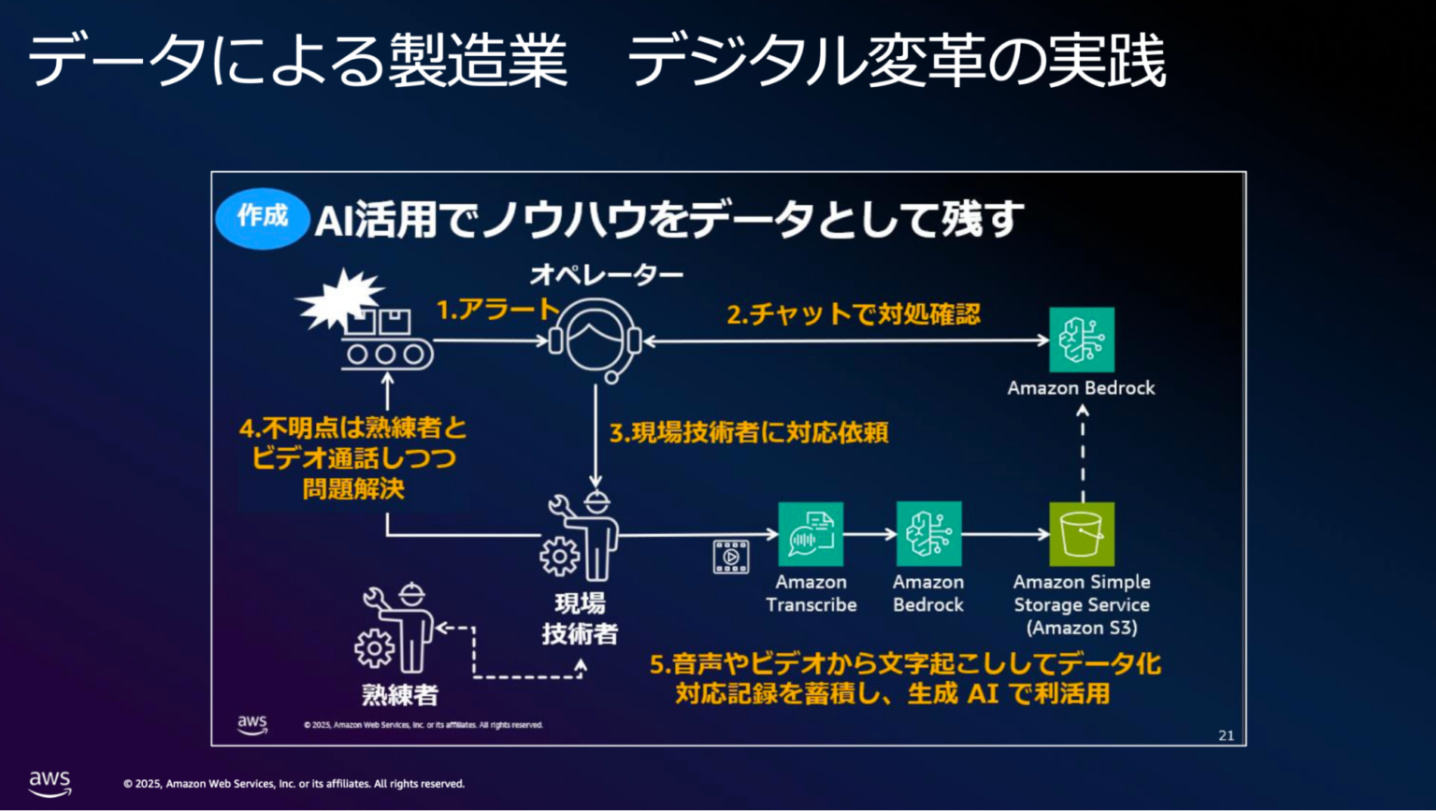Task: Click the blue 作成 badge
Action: tap(262, 219)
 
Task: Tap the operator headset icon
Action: tap(596, 340)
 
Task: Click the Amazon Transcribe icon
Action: tap(811, 534)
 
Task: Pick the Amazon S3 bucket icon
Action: tap(1082, 534)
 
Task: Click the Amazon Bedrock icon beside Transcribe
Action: tap(928, 534)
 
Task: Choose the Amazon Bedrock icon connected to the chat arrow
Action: tap(1082, 340)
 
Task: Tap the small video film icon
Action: tap(731, 557)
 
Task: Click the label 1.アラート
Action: tap(497, 310)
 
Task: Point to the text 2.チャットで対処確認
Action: tap(854, 314)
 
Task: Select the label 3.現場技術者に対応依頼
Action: tap(749, 432)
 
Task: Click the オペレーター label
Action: tap(607, 274)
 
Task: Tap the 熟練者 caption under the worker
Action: tap(400, 695)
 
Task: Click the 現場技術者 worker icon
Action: tap(583, 537)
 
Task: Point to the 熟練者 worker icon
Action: tap(396, 629)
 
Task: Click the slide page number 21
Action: tap(1227, 735)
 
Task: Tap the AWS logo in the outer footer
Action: tap(50, 783)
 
